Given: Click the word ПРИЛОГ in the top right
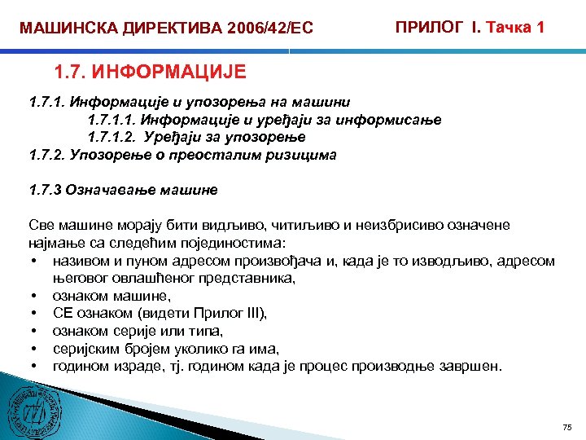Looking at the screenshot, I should pos(426,28).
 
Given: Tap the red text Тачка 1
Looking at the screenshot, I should pos(514,28).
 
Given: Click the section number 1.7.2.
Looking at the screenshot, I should pos(47,154).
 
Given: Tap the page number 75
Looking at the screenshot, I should pos(567,427).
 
